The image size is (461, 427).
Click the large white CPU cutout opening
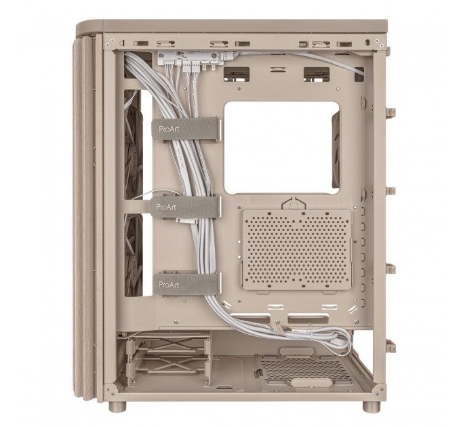tap(281, 147)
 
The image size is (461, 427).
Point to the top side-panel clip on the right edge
tap(391, 110)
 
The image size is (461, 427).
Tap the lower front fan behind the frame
tap(134, 254)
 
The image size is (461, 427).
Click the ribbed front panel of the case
tap(88, 217)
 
